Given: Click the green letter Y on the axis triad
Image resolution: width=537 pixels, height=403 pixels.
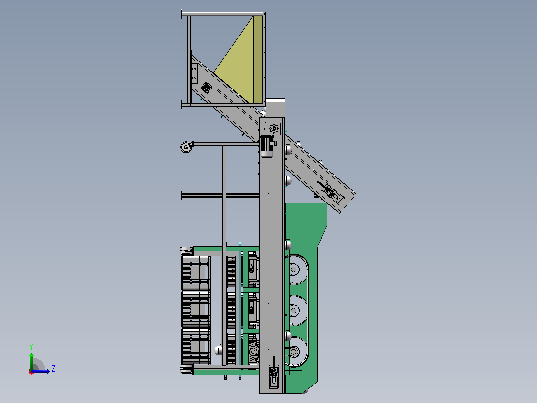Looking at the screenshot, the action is (x=31, y=347).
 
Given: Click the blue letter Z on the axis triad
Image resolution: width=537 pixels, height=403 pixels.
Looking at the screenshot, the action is (x=53, y=369).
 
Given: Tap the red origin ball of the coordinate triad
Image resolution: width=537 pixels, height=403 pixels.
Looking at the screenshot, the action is (x=31, y=372).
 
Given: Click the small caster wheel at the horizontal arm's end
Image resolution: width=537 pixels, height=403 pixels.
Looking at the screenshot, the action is (x=186, y=147).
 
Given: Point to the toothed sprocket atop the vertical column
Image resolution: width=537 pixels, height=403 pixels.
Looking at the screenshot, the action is (x=274, y=129).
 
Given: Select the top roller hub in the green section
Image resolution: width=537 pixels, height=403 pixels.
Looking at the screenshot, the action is (x=294, y=270).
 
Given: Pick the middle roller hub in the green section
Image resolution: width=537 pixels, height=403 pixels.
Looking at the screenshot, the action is (x=294, y=311).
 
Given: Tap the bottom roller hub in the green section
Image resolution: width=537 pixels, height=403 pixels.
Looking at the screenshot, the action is (x=294, y=352).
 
